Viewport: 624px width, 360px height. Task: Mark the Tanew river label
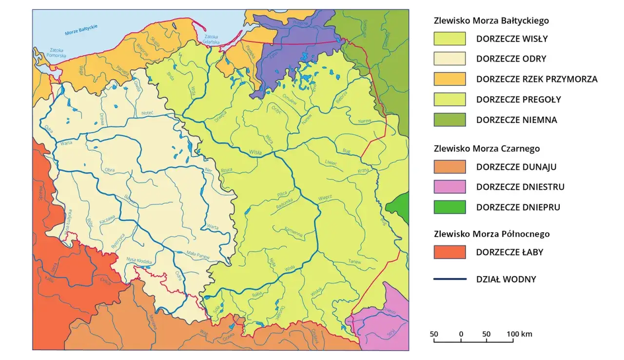point(354,262)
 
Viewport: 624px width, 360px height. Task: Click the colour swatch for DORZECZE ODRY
point(449,59)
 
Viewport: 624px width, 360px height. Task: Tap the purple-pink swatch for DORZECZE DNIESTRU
point(449,187)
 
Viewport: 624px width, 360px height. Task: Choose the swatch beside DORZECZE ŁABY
point(449,252)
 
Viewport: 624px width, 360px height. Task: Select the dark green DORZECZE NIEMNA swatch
point(449,120)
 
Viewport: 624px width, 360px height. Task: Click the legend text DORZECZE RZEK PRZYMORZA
point(536,79)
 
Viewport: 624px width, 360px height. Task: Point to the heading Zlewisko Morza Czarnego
point(487,149)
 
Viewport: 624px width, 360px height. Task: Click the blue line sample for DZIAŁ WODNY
point(449,280)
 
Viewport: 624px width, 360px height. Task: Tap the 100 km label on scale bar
point(520,334)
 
